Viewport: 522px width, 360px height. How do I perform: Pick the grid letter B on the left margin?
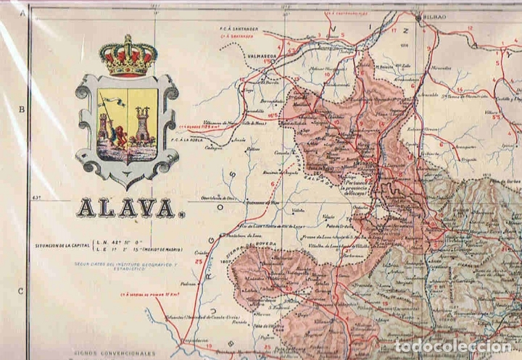click(22, 109)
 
